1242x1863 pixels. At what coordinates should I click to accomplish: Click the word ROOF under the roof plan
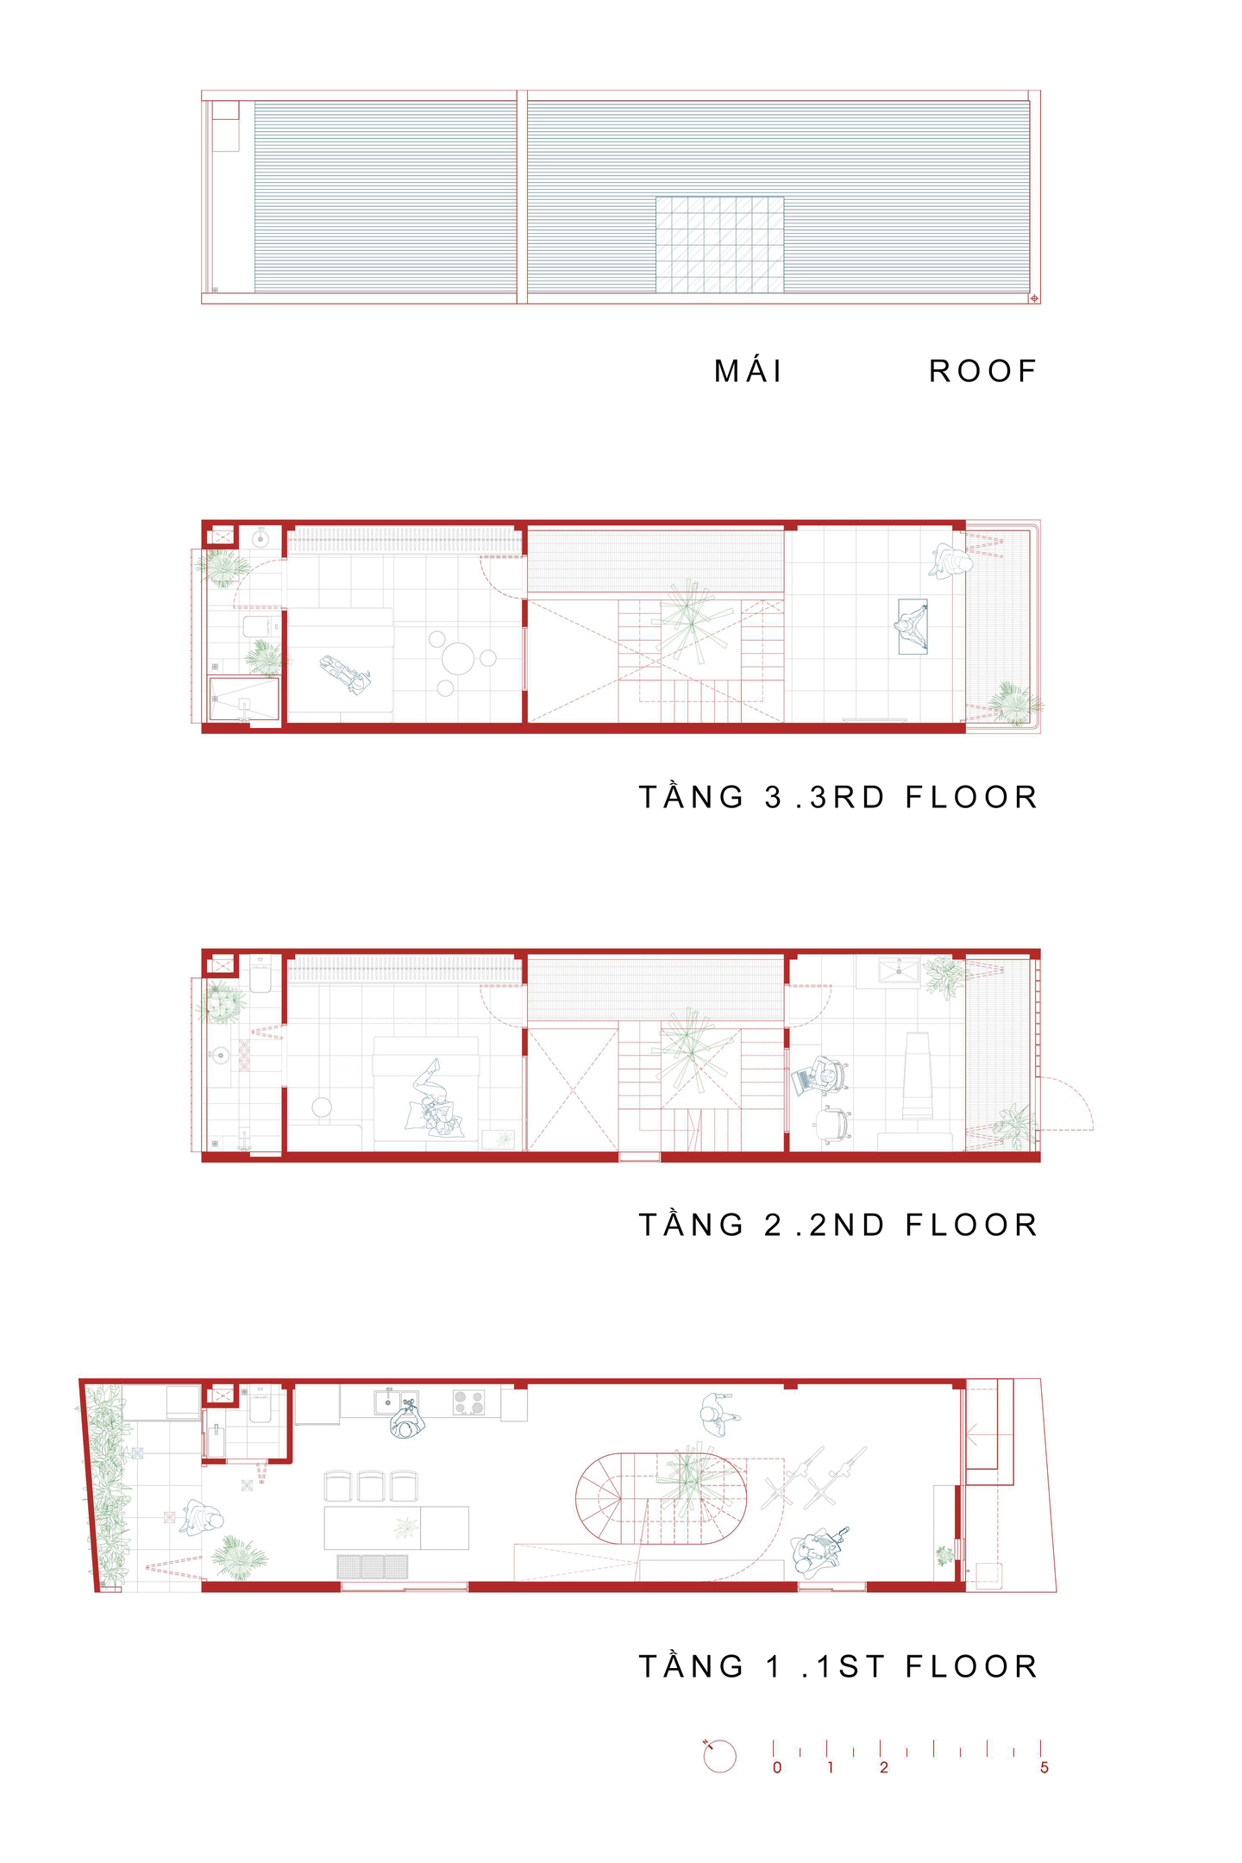click(982, 371)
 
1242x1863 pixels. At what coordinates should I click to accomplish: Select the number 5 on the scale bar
click(1044, 1767)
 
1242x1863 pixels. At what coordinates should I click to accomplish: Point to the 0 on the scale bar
click(777, 1767)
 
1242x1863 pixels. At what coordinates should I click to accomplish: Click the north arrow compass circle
click(720, 1756)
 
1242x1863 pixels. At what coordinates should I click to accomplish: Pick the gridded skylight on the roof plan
click(719, 244)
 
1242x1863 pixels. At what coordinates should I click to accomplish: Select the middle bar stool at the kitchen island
click(371, 1486)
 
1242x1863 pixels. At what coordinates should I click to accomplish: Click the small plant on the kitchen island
click(405, 1527)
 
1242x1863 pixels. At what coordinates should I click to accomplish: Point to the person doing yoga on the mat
click(913, 627)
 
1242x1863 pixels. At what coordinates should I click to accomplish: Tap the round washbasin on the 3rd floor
click(260, 540)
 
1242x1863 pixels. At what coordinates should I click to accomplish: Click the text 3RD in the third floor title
click(848, 797)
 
